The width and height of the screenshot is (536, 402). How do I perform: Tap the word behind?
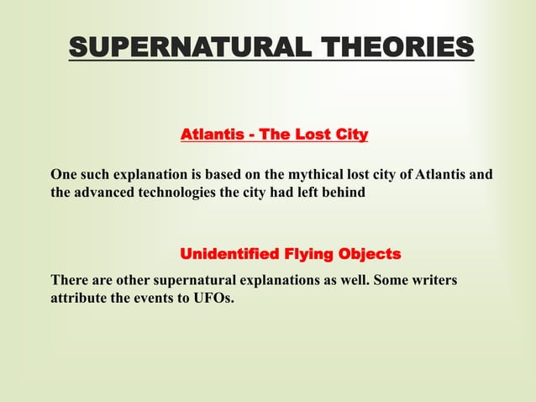(342, 193)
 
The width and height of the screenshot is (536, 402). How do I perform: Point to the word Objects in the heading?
(369, 254)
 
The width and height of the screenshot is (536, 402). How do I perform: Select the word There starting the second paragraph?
(68, 279)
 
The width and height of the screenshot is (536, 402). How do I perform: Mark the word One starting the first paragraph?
(63, 175)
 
